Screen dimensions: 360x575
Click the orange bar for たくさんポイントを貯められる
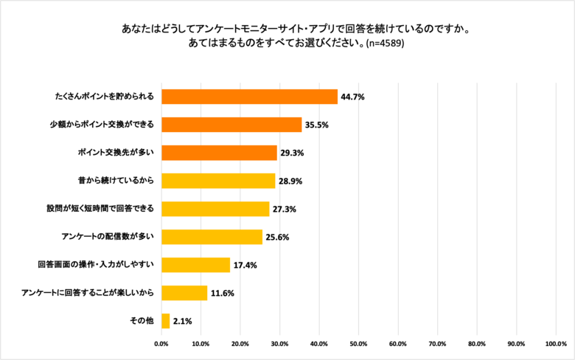tap(249, 97)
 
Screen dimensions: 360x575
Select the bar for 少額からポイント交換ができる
tap(231, 125)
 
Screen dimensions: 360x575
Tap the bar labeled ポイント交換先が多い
tap(219, 153)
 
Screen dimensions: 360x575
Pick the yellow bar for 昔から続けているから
tap(218, 181)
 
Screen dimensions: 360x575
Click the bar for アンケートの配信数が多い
tap(212, 237)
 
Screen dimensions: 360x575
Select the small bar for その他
tap(166, 321)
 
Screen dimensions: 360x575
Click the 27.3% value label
tap(285, 209)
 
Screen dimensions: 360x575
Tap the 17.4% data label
tap(245, 265)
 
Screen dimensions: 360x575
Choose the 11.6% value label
tap(223, 293)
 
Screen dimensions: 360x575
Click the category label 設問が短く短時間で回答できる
tap(101, 209)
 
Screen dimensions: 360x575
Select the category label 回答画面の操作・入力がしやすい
tap(96, 265)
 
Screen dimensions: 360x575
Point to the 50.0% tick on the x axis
tap(359, 344)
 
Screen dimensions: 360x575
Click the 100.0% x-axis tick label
tap(556, 344)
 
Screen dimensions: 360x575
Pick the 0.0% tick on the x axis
tap(161, 344)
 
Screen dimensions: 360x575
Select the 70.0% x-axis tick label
tap(438, 344)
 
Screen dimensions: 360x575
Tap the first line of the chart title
tap(287, 30)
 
